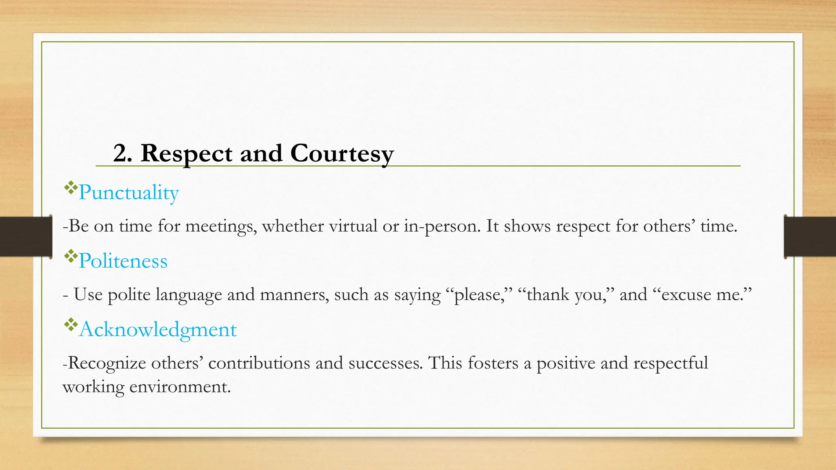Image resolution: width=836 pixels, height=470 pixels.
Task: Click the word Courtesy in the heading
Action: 342,154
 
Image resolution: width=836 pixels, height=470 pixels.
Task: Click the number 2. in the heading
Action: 122,153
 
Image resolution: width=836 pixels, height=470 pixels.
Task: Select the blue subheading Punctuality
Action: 129,193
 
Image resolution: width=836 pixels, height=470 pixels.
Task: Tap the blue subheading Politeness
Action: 123,261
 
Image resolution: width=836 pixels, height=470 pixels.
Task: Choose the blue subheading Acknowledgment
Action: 158,330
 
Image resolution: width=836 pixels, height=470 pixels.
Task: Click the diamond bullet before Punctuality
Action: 71,188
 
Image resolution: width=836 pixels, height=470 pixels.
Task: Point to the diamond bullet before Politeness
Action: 71,256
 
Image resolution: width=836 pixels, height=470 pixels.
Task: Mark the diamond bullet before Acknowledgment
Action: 71,325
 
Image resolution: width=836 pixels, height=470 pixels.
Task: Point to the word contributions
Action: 259,363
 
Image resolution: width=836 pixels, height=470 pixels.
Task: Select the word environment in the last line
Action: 180,387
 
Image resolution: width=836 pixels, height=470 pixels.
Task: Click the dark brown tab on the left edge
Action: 25,237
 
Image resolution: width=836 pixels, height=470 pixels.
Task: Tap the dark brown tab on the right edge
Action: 810,237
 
